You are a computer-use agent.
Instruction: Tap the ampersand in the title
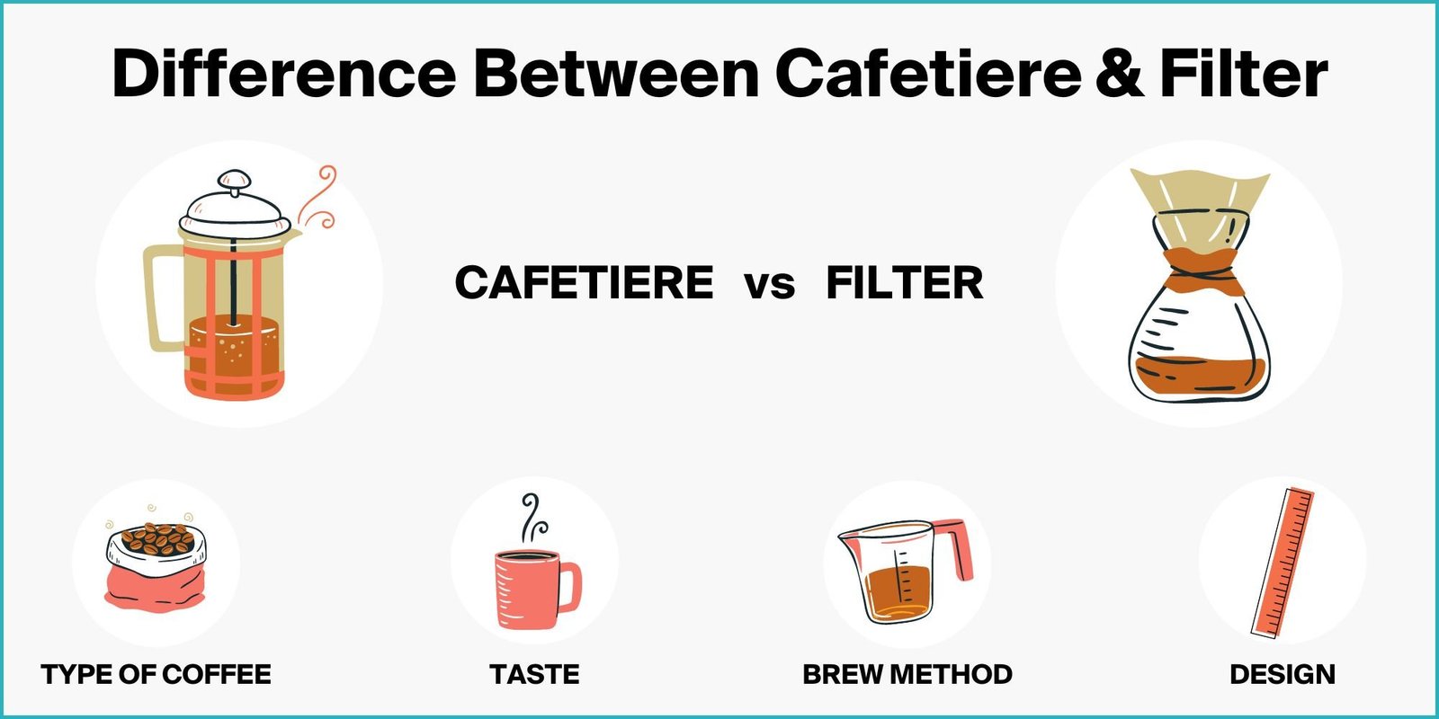[x=1119, y=73]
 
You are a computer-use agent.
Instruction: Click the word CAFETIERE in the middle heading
[x=584, y=283]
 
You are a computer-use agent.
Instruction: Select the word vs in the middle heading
[x=770, y=285]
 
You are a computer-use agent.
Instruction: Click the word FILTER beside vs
[x=904, y=283]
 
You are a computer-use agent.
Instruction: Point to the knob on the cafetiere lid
[x=235, y=181]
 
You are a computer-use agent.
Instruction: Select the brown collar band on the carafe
[x=1202, y=270]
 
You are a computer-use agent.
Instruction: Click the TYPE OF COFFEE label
[x=156, y=674]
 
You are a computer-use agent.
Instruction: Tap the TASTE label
[x=534, y=674]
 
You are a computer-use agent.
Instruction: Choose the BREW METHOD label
[x=907, y=674]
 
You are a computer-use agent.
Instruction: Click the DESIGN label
[x=1282, y=674]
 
